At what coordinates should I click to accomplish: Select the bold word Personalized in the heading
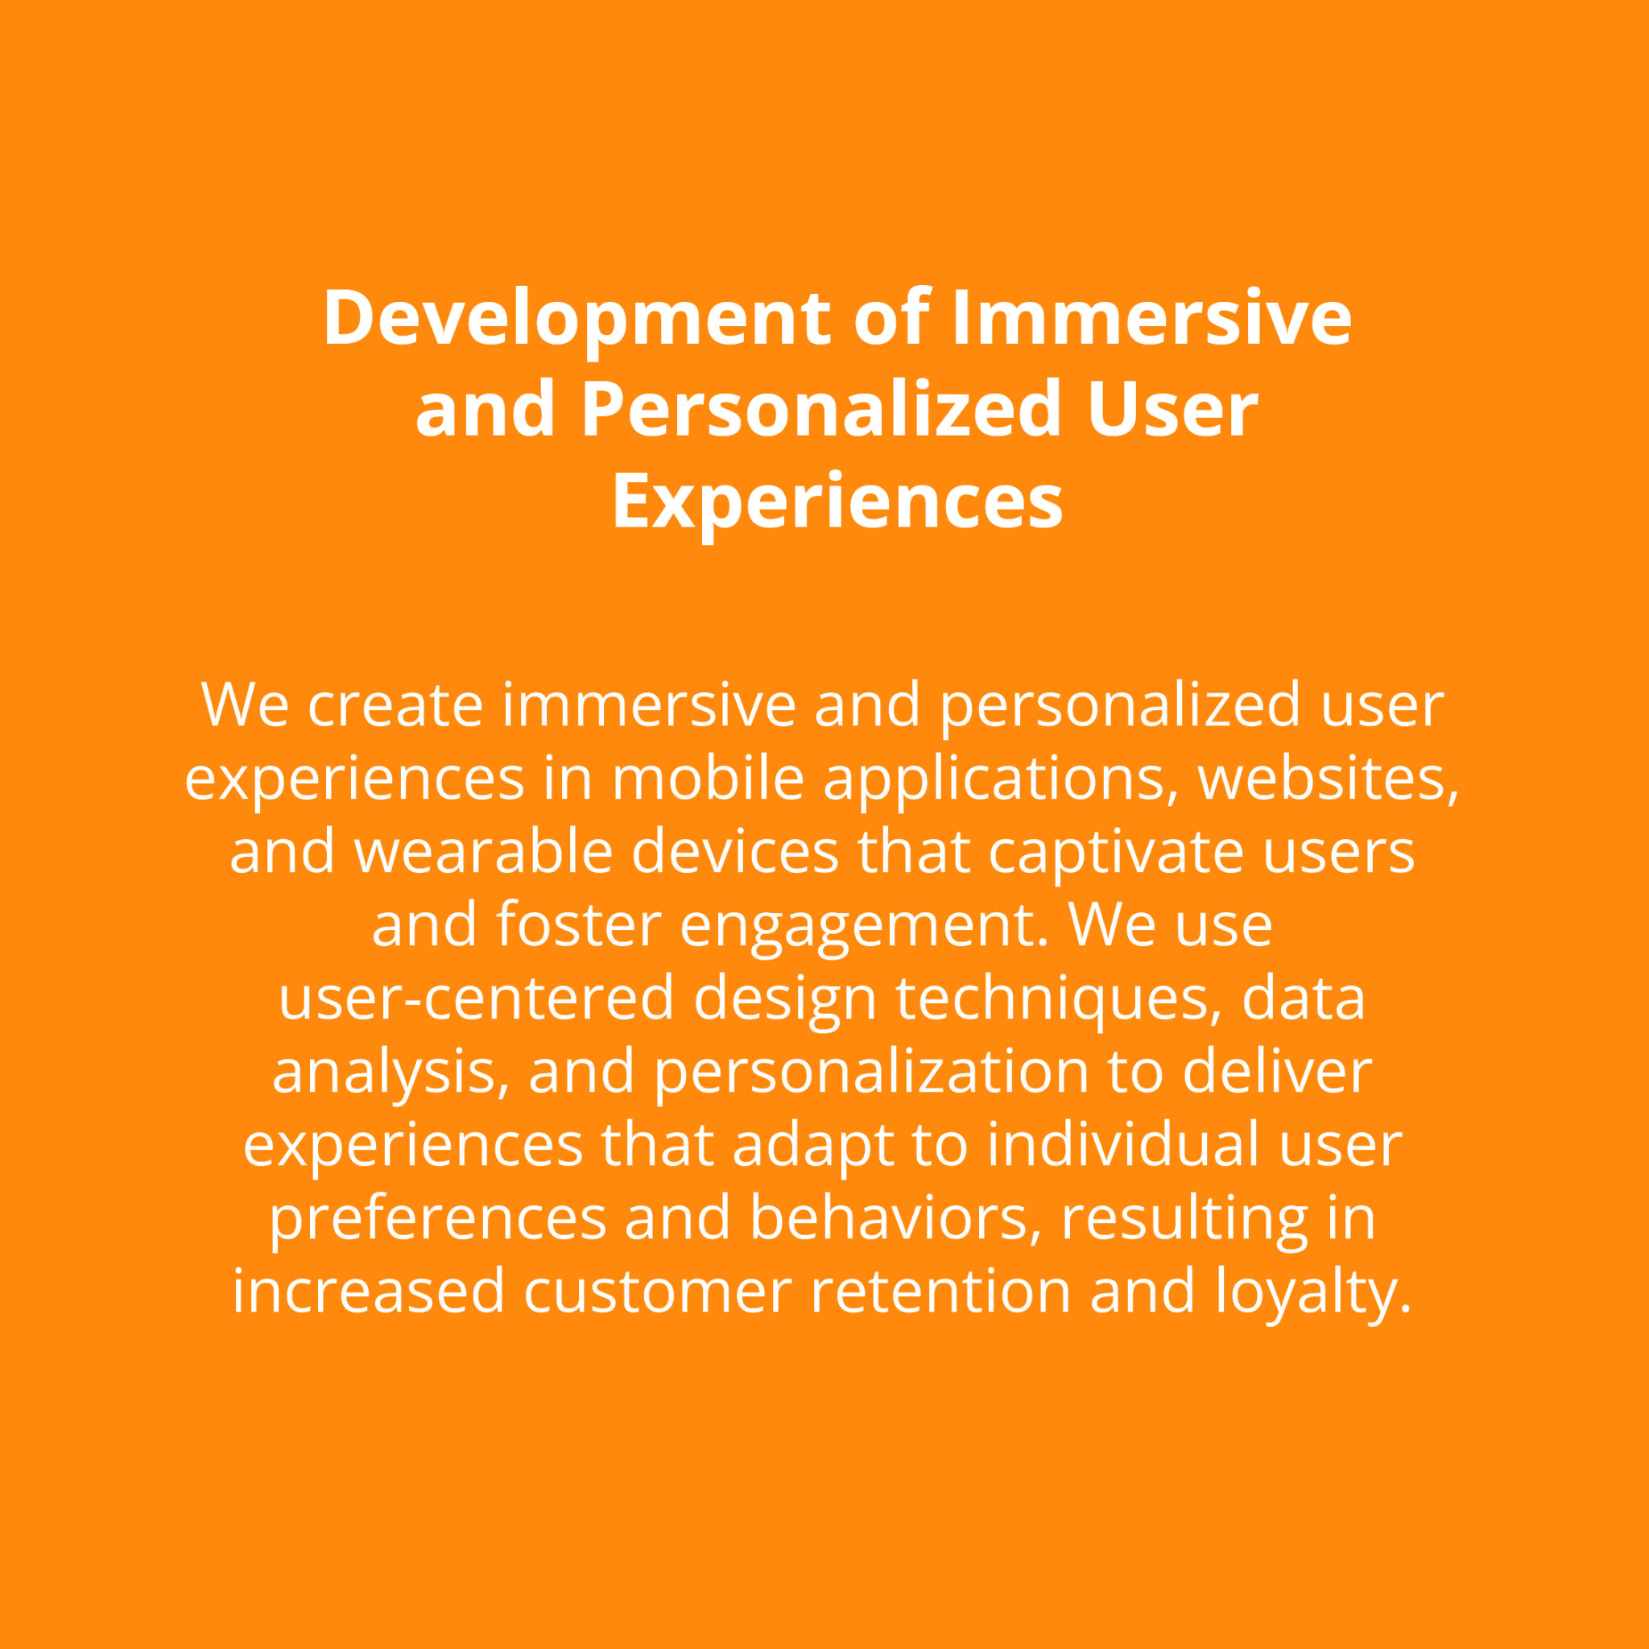pos(820,409)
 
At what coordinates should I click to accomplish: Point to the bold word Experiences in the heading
pos(837,502)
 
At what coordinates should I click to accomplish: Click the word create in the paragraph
pos(395,705)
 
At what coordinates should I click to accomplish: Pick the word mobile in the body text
pos(708,779)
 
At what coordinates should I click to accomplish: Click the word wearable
pos(483,852)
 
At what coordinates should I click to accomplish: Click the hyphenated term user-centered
pos(477,998)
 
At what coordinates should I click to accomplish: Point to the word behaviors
pos(896,1217)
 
